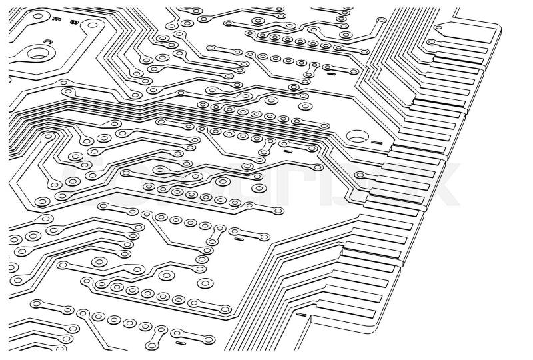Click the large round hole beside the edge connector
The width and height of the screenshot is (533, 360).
tap(356, 135)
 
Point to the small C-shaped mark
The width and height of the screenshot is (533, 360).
tap(47, 42)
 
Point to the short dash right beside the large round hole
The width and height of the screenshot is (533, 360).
tap(377, 143)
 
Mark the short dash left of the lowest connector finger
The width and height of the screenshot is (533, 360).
tap(301, 314)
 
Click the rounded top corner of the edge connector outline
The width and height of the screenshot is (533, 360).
tap(496, 25)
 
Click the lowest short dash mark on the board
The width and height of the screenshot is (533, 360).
tap(181, 344)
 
